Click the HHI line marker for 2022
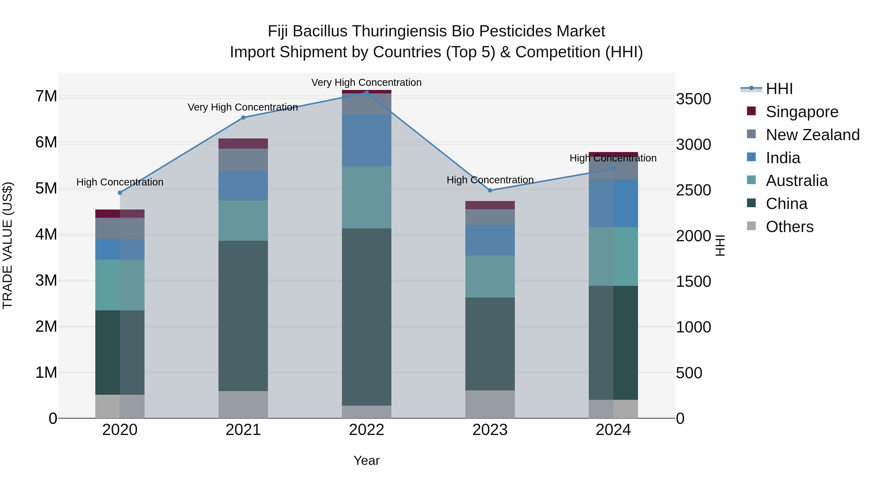366,93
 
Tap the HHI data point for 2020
120,193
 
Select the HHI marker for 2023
490,190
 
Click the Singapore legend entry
802,112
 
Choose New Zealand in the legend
812,135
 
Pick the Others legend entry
789,227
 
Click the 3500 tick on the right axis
693,99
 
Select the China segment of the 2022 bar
366,317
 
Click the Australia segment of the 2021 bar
243,221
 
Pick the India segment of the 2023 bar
490,240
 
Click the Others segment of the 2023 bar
490,404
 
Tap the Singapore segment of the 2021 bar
243,144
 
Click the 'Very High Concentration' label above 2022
366,83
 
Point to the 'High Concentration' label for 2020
120,182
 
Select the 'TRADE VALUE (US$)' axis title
8,245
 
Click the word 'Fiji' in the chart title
278,32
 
